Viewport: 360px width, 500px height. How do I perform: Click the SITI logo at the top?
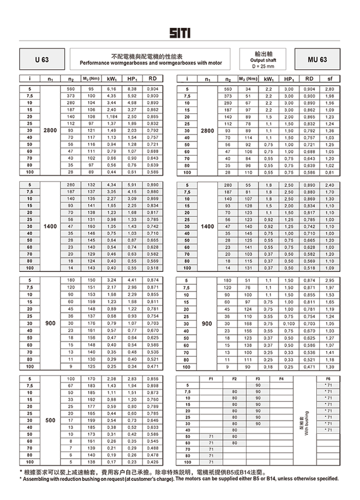[x=180, y=33]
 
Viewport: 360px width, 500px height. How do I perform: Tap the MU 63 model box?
[x=317, y=60]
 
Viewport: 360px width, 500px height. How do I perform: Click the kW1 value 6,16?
[x=111, y=89]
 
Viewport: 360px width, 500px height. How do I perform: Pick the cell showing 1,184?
[x=111, y=117]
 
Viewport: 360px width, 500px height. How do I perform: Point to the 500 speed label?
[x=50, y=420]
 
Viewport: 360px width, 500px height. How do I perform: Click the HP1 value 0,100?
[x=288, y=324]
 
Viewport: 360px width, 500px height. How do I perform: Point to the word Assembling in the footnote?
[x=36, y=479]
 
